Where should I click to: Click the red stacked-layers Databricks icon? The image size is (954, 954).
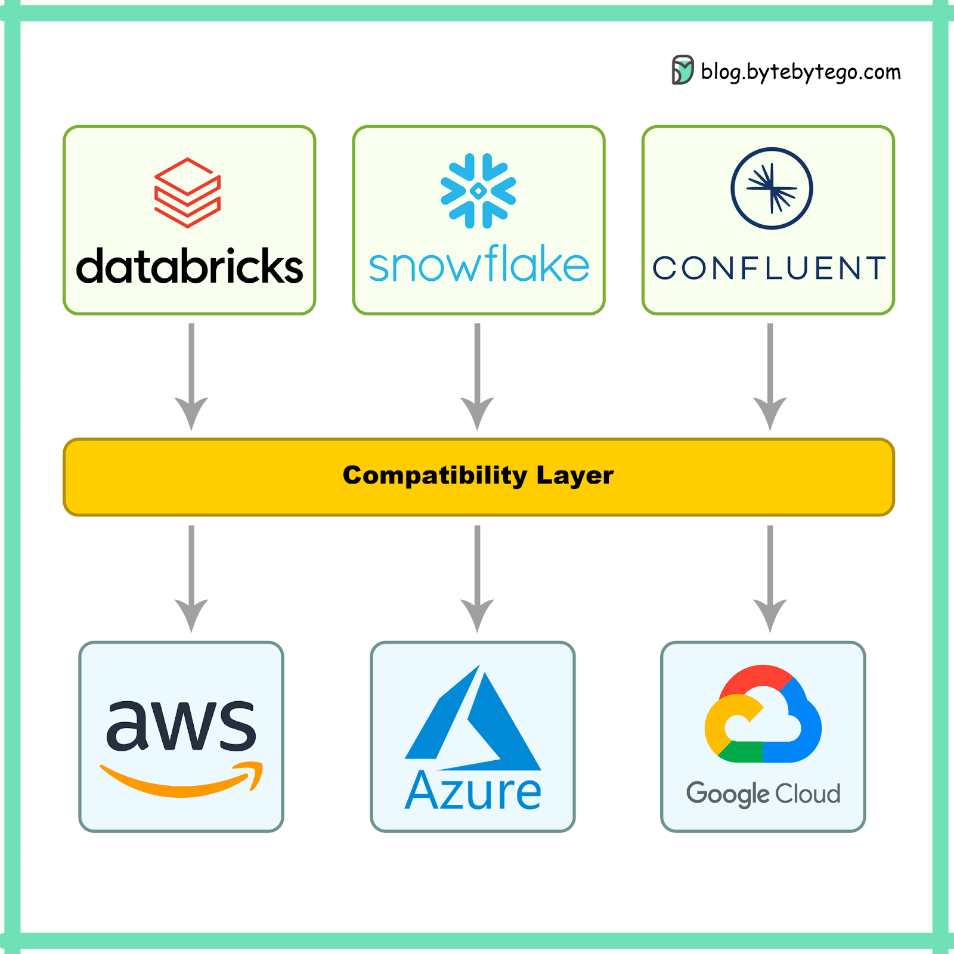point(188,193)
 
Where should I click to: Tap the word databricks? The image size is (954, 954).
point(190,267)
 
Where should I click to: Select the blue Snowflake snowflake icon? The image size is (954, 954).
point(478,191)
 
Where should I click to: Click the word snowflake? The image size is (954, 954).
point(479,265)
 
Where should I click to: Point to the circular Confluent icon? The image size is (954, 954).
point(772,188)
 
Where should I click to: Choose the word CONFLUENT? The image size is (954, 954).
point(769,268)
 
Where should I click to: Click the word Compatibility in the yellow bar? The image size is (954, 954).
point(435,476)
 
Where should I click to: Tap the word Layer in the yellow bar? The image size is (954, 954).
point(575,476)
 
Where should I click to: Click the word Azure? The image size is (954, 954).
point(473,791)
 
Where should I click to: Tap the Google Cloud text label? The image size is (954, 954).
point(763,794)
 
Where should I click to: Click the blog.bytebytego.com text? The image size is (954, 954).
point(801,72)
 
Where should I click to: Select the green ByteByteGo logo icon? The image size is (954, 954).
point(683,70)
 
